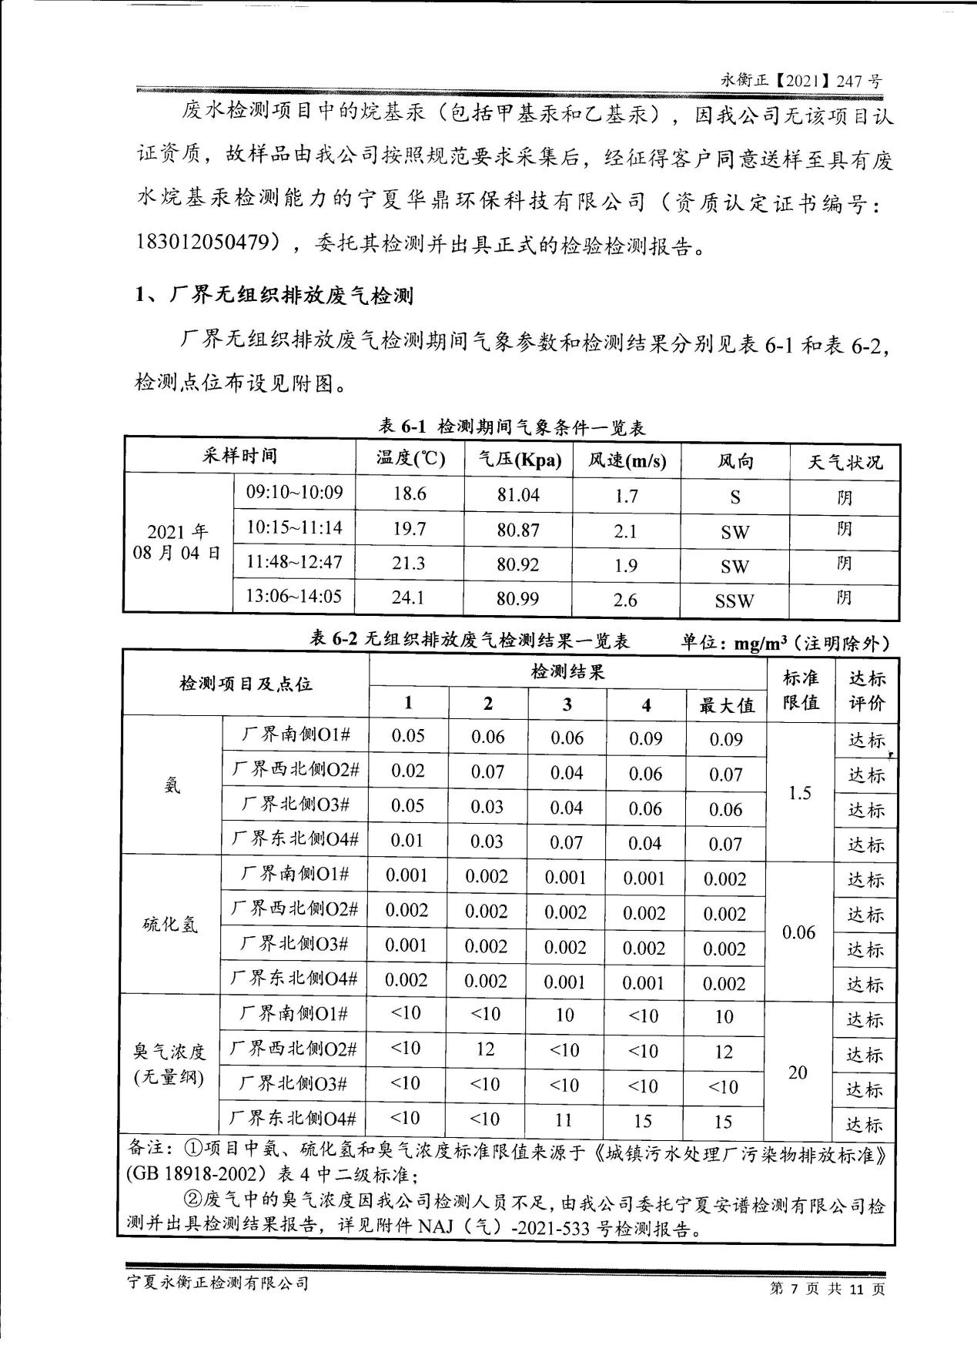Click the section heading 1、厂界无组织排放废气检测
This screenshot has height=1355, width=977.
(x=274, y=295)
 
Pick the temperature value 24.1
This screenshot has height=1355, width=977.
(x=409, y=597)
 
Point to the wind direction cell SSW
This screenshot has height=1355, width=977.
(x=734, y=601)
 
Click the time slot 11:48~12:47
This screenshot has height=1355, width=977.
(x=294, y=562)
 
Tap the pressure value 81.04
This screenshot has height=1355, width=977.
(x=518, y=495)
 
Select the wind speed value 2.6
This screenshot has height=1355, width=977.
(x=626, y=599)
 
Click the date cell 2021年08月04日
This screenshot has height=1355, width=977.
(x=178, y=542)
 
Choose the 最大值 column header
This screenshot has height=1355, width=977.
(x=726, y=704)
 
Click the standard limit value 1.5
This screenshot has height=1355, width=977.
(x=800, y=793)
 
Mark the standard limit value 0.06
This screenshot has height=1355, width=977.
(x=798, y=932)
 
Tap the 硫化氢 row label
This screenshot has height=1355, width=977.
(x=171, y=924)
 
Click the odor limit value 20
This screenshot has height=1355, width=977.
(x=798, y=1072)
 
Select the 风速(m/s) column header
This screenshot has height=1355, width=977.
(x=627, y=460)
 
